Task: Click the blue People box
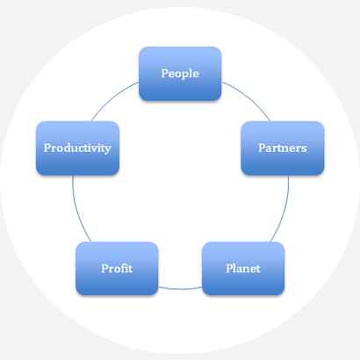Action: (x=180, y=74)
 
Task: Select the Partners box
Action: (x=283, y=148)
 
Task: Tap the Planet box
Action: (x=243, y=269)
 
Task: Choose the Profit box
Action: (x=117, y=269)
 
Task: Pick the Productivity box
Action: (x=77, y=148)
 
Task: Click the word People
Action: (x=180, y=74)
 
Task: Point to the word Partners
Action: (x=283, y=148)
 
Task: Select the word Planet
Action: (x=243, y=269)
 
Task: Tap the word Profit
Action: (x=117, y=269)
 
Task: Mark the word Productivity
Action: (x=77, y=148)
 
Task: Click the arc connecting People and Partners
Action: (x=248, y=98)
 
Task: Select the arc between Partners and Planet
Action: (x=284, y=210)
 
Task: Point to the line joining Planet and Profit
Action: (x=180, y=289)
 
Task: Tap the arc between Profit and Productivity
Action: (x=77, y=210)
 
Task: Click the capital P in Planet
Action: (x=229, y=268)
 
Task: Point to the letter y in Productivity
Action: (x=107, y=149)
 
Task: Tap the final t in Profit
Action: (x=130, y=269)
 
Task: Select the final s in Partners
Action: (x=304, y=149)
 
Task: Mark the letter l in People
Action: (x=191, y=73)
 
